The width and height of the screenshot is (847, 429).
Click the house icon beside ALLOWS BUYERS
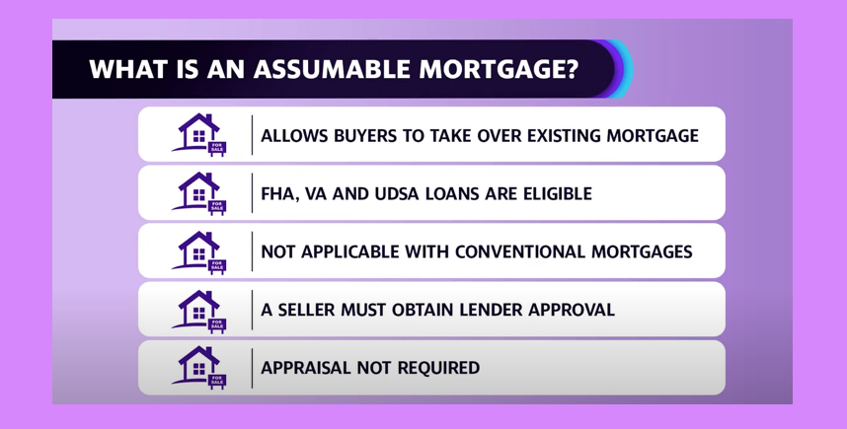click(x=198, y=134)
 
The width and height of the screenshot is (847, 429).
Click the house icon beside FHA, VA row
click(x=198, y=193)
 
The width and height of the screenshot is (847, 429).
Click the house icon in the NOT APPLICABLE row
click(x=198, y=252)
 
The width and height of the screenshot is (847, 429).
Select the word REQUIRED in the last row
click(x=438, y=368)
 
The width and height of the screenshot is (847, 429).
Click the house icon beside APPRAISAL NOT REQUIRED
click(x=198, y=368)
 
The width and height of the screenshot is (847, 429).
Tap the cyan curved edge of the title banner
click(x=628, y=69)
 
